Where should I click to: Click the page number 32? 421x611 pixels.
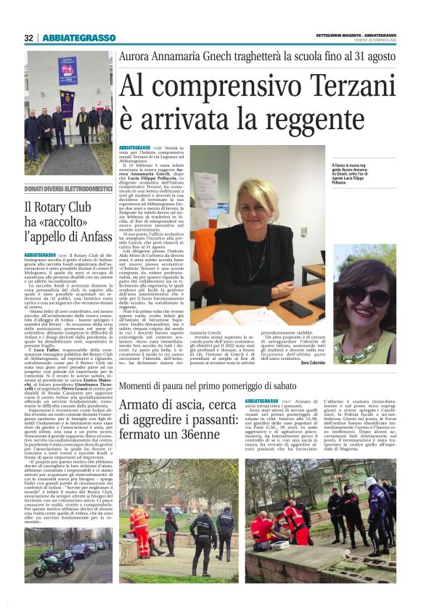29,38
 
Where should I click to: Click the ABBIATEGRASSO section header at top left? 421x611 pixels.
78,38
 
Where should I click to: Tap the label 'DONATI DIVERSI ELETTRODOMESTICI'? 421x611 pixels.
68,189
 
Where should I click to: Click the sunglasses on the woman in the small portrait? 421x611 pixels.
375,297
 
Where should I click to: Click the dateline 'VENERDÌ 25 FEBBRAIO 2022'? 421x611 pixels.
371,41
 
